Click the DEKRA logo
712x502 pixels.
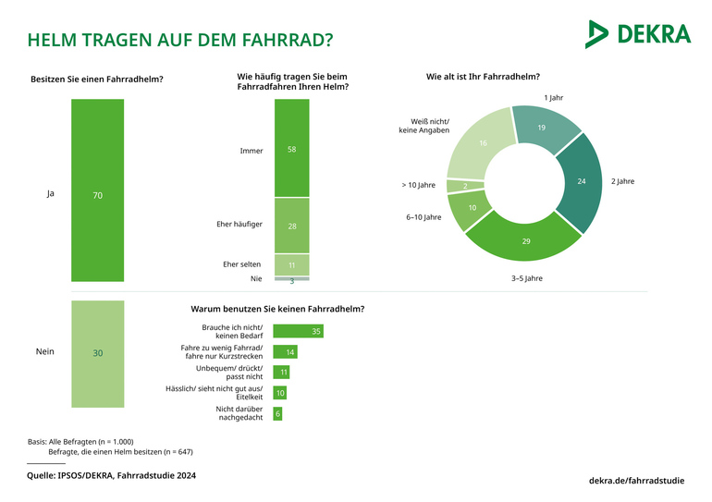637,34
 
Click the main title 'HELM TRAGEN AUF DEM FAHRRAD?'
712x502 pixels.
180,41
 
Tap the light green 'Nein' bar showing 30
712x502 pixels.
97,353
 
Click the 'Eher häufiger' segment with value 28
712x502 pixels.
291,225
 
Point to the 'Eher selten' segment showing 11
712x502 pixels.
291,264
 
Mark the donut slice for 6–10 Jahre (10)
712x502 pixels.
471,209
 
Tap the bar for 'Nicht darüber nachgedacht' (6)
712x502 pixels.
277,413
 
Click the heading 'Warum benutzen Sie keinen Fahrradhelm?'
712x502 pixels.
276,308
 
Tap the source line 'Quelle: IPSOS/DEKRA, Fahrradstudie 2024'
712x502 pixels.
110,475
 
